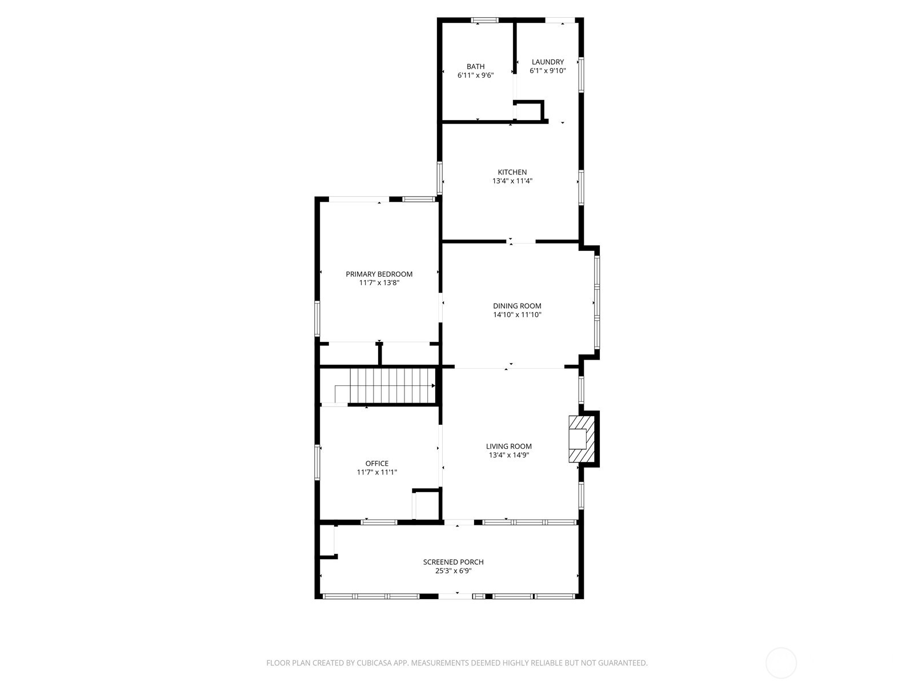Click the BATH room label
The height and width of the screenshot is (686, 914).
click(x=475, y=66)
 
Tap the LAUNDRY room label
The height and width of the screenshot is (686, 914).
click(x=547, y=62)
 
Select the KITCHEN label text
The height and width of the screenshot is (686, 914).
click(x=512, y=172)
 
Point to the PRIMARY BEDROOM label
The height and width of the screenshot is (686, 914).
click(x=379, y=274)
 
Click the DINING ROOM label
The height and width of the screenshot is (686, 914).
click(x=517, y=306)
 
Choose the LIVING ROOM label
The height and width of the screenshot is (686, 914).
click(x=508, y=446)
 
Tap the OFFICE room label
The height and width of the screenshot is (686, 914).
click(x=376, y=464)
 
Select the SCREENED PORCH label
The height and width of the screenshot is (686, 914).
click(x=453, y=562)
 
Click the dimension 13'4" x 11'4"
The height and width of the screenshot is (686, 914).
click(x=512, y=181)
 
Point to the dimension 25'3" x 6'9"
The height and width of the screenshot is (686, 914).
click(x=453, y=571)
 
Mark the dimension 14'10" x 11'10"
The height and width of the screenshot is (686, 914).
click(x=517, y=315)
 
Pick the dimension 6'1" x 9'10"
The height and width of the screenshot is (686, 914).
click(x=547, y=71)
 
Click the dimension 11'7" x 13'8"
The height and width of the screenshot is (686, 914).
click(x=379, y=282)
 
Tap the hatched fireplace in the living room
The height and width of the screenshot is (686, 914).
click(x=581, y=439)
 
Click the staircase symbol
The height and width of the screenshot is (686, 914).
click(x=392, y=386)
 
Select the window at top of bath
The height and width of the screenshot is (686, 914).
click(x=484, y=21)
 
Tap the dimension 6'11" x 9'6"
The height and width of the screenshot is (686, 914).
click(x=475, y=75)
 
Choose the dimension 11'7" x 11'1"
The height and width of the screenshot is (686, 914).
click(x=376, y=472)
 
